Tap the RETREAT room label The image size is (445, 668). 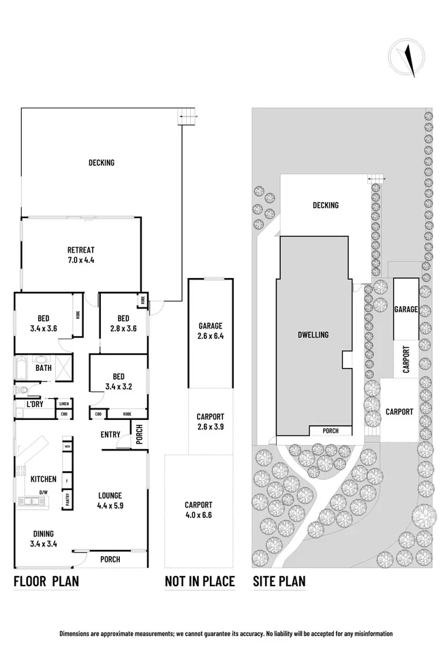[80, 249]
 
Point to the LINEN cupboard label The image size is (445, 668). [63, 404]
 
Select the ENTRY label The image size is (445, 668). [110, 434]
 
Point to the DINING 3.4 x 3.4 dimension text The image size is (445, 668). [44, 544]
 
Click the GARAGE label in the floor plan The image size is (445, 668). [211, 326]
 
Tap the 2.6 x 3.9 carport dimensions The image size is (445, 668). [211, 427]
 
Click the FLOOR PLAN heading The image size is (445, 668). [46, 581]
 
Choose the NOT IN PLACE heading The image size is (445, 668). [200, 581]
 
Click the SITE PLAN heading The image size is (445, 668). [279, 581]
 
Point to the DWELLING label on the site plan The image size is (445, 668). [313, 335]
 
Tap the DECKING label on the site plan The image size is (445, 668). [326, 205]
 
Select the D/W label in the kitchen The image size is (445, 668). [43, 492]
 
